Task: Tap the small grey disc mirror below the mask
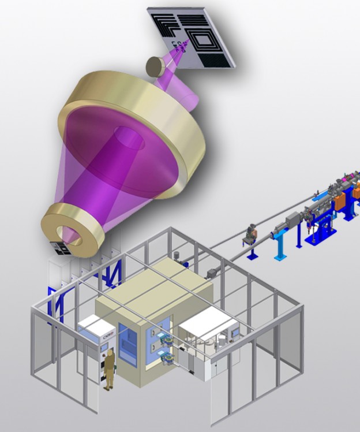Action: [155, 66]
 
